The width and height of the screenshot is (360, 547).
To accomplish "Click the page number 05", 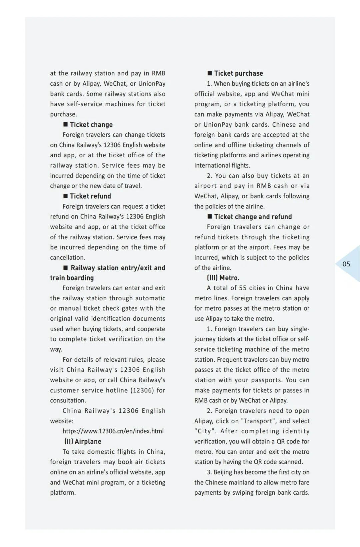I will (x=346, y=264).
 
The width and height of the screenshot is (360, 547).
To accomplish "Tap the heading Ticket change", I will (x=91, y=125).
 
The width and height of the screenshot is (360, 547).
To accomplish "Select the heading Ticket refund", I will (x=90, y=196).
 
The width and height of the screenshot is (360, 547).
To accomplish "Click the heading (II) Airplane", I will (x=83, y=441).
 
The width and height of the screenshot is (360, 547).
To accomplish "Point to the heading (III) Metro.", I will (x=223, y=278).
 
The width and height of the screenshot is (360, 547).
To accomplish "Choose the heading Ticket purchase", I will (x=238, y=73).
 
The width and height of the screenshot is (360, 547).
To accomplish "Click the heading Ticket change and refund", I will (x=253, y=217).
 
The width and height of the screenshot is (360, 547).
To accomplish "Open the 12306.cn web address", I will (x=113, y=431).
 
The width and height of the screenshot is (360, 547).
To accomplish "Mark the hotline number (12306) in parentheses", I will (x=142, y=390).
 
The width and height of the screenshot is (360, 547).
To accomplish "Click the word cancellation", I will (x=67, y=257).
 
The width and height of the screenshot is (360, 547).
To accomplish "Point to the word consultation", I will (x=68, y=400).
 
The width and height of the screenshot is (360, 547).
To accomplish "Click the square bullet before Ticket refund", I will (x=66, y=196).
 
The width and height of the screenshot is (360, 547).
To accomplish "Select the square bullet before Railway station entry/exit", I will (x=66, y=268).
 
